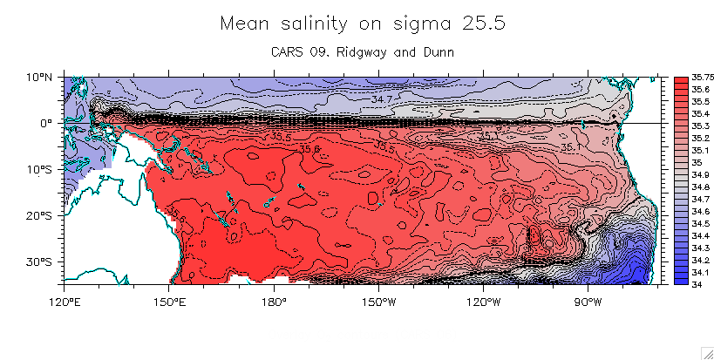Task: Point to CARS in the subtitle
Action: [290, 53]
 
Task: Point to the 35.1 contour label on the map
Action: [571, 147]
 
